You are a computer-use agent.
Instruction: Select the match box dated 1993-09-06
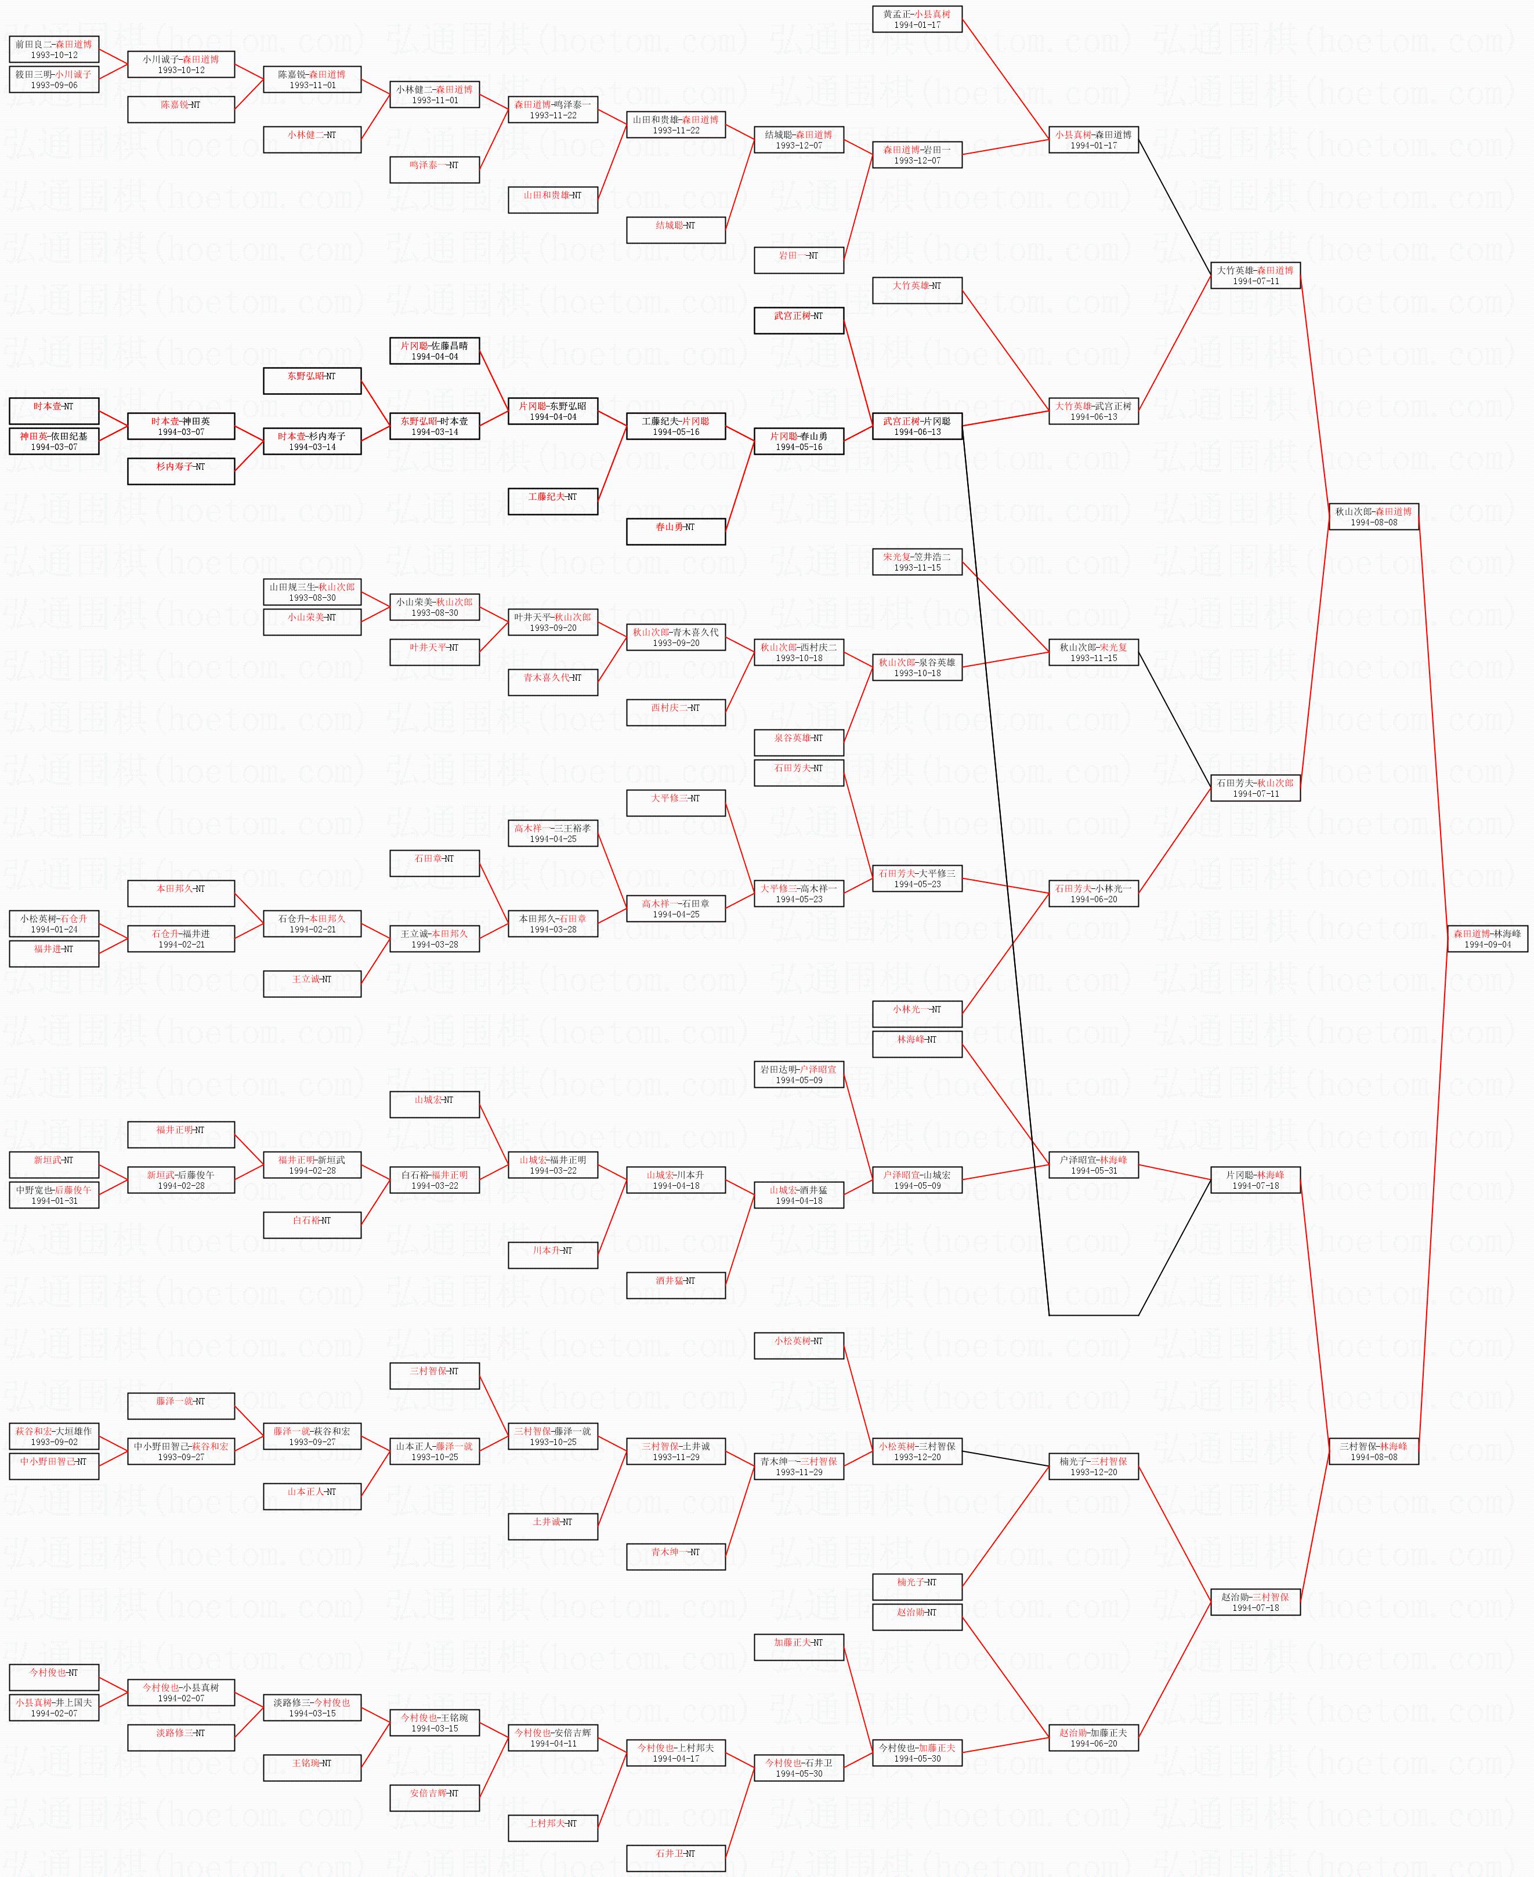click(54, 79)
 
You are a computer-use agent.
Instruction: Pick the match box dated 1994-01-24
click(54, 923)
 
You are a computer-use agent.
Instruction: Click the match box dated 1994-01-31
click(54, 1194)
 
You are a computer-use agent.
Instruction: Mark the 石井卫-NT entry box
click(675, 1857)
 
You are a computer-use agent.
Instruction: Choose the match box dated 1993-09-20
click(552, 622)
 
